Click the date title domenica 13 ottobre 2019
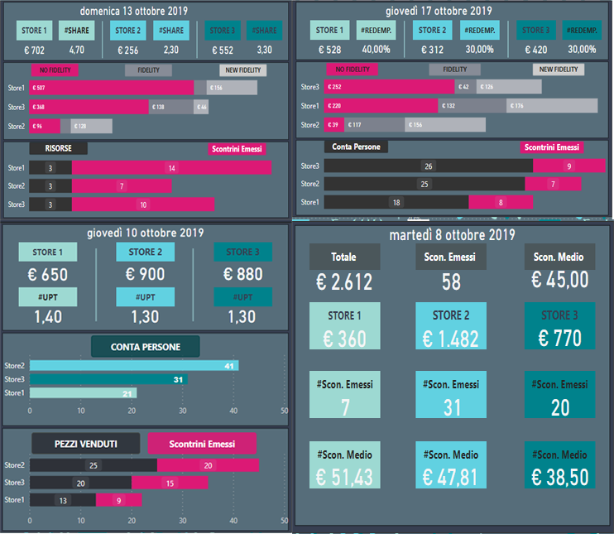[x=146, y=11]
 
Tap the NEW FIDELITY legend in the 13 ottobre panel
[x=242, y=70]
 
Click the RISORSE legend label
[x=57, y=148]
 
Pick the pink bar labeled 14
[x=171, y=167]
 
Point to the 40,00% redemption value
[x=375, y=49]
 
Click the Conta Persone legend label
[x=355, y=147]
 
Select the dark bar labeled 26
[x=428, y=166]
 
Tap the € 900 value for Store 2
[x=146, y=274]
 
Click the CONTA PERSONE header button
[x=146, y=347]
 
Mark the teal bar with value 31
[x=108, y=379]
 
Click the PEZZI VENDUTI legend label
[x=86, y=444]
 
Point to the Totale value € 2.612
[x=343, y=281]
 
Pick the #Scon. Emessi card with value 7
[x=344, y=396]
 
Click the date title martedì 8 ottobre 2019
[x=452, y=236]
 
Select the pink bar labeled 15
[x=169, y=483]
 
